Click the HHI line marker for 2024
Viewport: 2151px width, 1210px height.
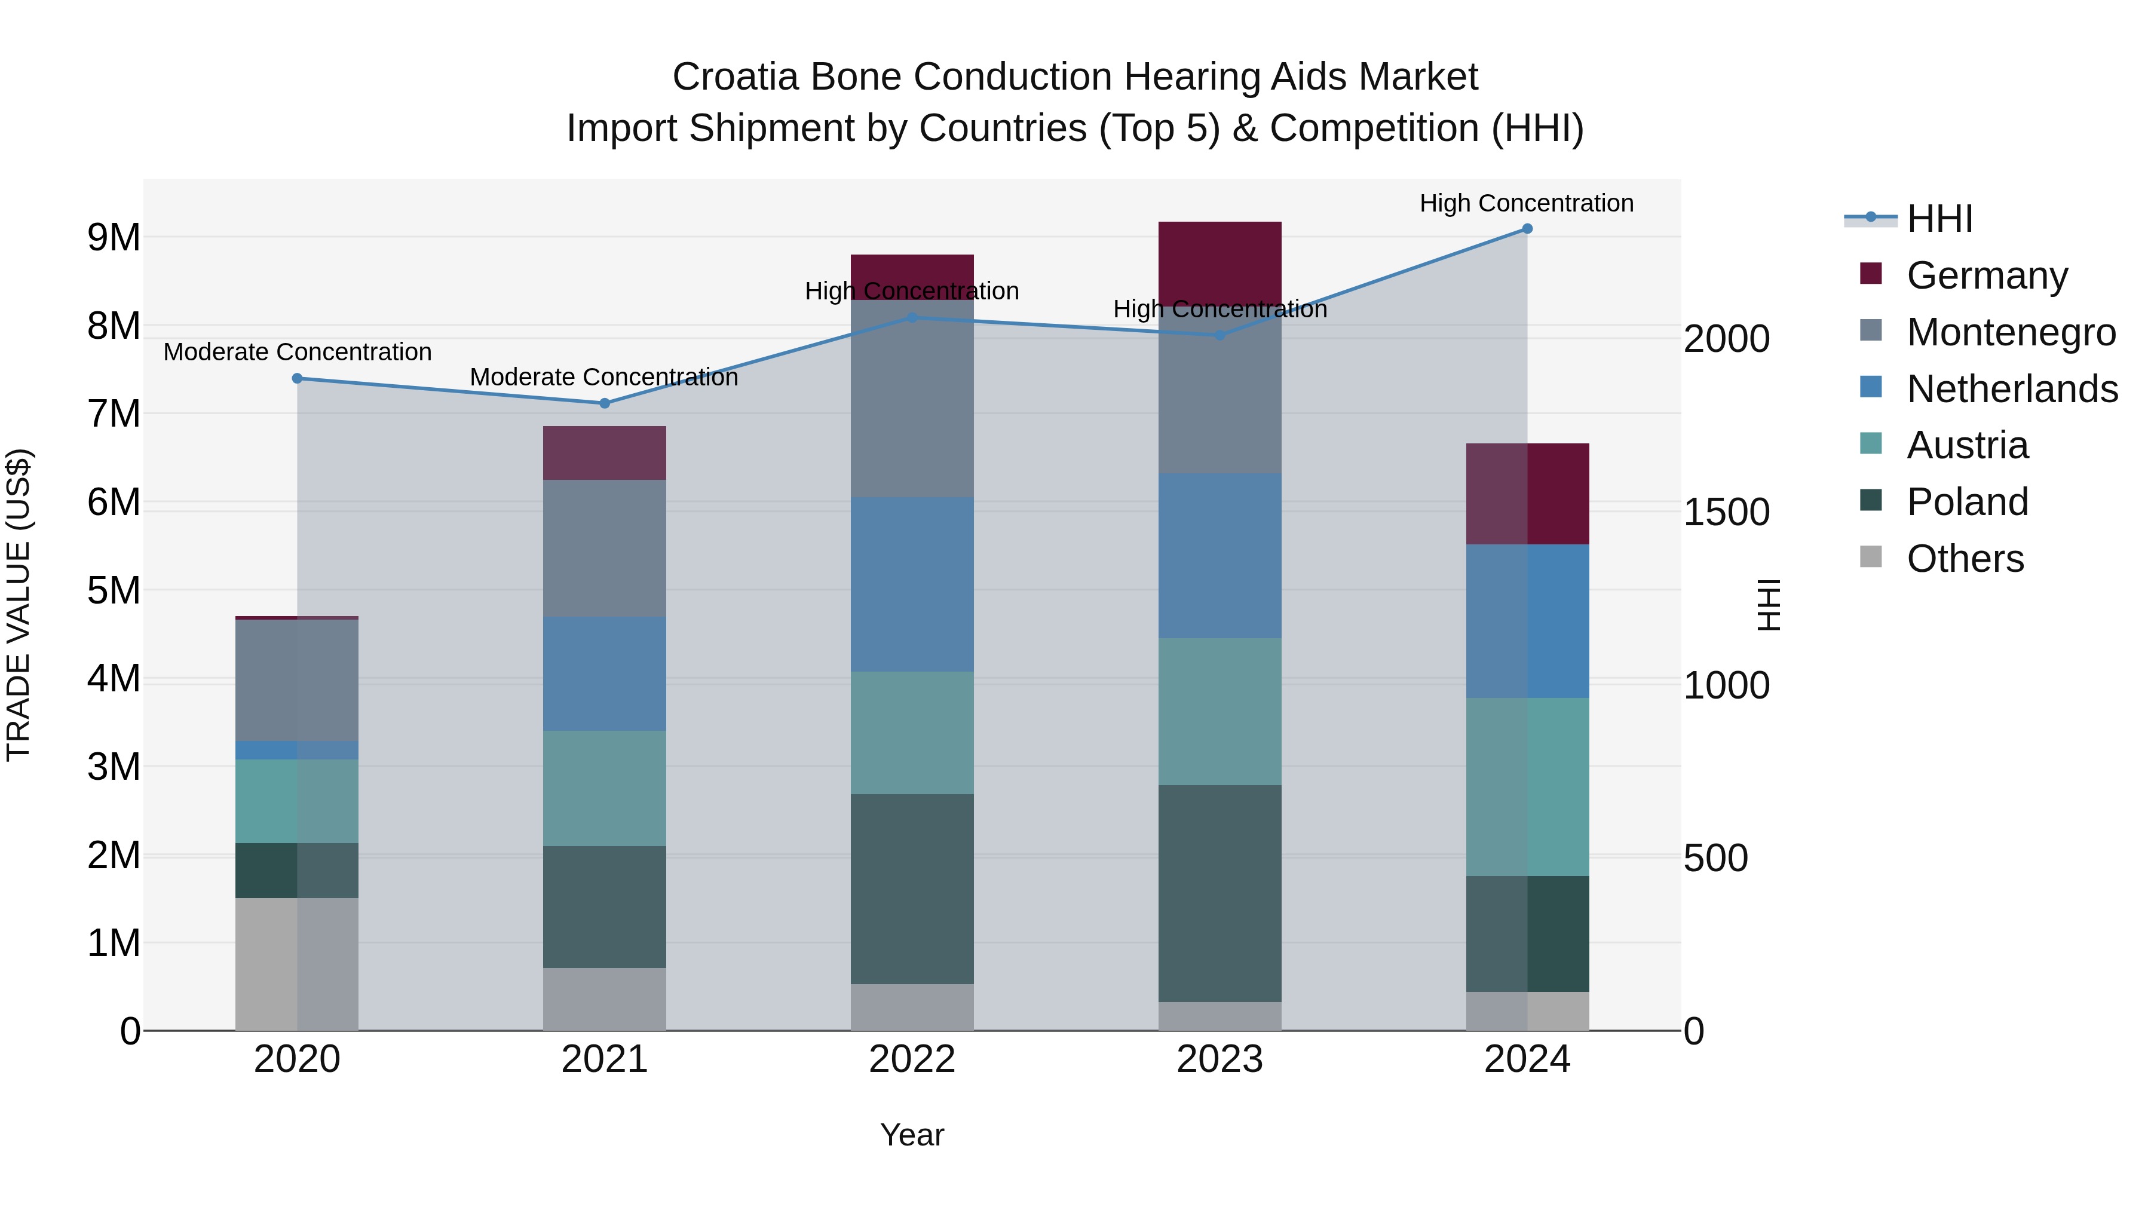[x=1527, y=229]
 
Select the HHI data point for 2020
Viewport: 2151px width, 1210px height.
[x=298, y=378]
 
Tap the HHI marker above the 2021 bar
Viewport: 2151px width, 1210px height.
[x=605, y=403]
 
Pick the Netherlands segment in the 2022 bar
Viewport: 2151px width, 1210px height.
[x=912, y=584]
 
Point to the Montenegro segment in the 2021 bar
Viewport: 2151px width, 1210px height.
[x=605, y=548]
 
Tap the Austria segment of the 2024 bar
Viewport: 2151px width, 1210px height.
[x=1527, y=786]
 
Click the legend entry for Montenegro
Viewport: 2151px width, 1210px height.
[x=2011, y=332]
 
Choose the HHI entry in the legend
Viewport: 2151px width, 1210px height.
[x=1939, y=219]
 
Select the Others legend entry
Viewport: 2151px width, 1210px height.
[x=1965, y=559]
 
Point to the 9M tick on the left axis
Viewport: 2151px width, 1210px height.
[x=114, y=238]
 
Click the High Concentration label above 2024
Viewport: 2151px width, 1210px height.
[x=1527, y=204]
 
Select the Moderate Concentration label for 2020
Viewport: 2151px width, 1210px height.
[x=298, y=353]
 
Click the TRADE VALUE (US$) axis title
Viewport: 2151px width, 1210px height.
[x=19, y=605]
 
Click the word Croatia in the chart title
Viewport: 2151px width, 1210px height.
[x=735, y=77]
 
